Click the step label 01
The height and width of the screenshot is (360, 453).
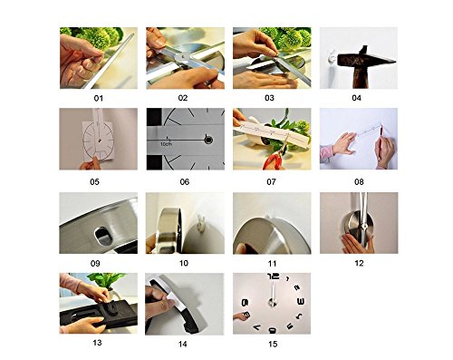(x=99, y=98)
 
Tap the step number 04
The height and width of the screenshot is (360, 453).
(x=356, y=98)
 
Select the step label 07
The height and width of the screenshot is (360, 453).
(x=271, y=182)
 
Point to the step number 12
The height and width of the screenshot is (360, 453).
(x=359, y=263)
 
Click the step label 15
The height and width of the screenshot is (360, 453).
(x=273, y=344)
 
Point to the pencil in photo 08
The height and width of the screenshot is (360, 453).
(x=380, y=142)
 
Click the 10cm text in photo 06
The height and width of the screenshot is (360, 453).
(x=167, y=144)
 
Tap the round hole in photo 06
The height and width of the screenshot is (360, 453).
(x=208, y=140)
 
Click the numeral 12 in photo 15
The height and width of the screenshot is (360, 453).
(x=273, y=277)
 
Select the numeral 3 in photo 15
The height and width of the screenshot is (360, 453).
(x=301, y=301)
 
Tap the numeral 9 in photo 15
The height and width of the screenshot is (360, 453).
(x=245, y=302)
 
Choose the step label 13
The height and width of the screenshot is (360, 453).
(x=97, y=343)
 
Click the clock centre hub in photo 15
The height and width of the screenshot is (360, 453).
(x=272, y=302)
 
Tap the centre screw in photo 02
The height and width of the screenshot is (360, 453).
(x=182, y=56)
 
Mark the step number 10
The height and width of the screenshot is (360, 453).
(x=184, y=263)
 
